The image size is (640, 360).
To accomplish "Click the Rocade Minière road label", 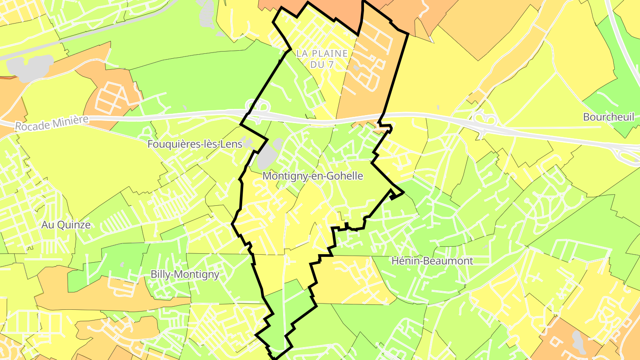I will tap(52, 123).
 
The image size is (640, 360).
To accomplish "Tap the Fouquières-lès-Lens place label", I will tap(195, 144).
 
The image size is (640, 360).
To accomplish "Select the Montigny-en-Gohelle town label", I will tap(312, 176).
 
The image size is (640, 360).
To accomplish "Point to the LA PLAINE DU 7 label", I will tap(322, 59).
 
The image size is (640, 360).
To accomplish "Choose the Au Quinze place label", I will tap(66, 225).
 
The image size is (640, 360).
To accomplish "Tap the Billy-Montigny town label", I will tap(185, 274).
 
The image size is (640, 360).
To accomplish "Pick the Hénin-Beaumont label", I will tap(432, 261).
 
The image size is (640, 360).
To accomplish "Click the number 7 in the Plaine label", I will tap(330, 65).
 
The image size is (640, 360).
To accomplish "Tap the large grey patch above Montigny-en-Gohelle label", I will tap(268, 154).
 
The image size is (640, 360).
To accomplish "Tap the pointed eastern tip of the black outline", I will tap(403, 193).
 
